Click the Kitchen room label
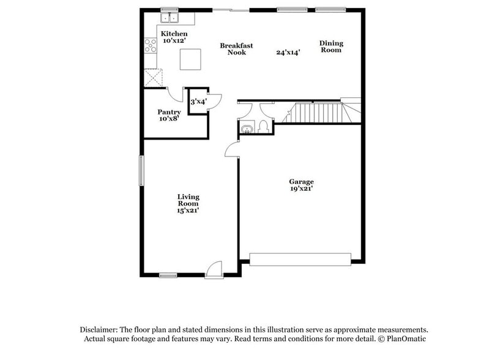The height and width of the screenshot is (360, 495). [174, 34]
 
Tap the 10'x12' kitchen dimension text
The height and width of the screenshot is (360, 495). [174, 41]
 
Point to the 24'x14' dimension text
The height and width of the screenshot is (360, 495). [288, 53]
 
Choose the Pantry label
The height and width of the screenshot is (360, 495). [169, 112]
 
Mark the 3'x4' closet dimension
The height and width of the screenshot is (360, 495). [198, 102]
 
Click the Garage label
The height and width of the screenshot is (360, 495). [302, 182]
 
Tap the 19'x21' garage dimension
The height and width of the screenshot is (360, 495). [302, 189]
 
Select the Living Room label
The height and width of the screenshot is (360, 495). [188, 200]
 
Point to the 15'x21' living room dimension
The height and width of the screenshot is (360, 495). [188, 211]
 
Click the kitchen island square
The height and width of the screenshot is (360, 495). [190, 60]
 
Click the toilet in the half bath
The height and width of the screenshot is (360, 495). [262, 127]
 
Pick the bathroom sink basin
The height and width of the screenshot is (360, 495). [247, 129]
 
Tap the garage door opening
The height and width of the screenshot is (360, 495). [300, 259]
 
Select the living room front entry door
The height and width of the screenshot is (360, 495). [213, 270]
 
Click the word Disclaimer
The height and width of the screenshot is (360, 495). [98, 329]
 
